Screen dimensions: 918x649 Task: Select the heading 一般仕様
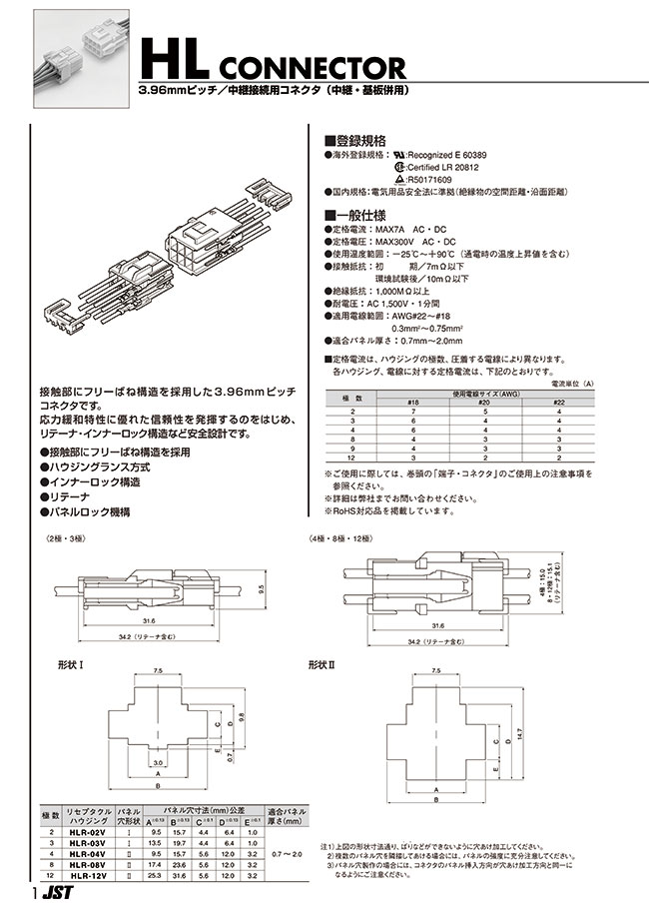click(350, 215)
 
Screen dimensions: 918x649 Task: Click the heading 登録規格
click(350, 141)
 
